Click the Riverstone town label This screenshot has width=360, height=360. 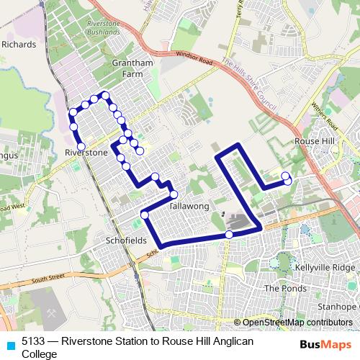(x=86, y=153)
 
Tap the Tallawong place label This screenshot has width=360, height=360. (x=188, y=206)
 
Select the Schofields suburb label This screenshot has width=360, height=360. (x=126, y=240)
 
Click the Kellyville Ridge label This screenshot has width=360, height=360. (x=328, y=267)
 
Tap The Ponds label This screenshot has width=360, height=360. (x=281, y=288)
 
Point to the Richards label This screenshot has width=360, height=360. (x=19, y=44)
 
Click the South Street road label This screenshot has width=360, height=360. (x=48, y=277)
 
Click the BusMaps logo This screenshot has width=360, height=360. (x=321, y=344)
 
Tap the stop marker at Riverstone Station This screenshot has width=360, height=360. (x=81, y=146)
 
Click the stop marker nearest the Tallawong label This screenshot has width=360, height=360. (x=174, y=194)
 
